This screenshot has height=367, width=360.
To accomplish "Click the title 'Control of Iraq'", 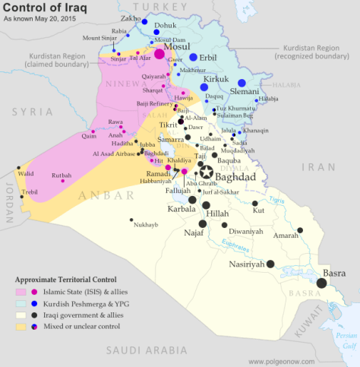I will pos(48,10).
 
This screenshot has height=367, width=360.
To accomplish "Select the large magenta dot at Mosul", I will pos(159,54).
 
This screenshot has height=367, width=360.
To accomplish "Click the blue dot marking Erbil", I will pos(193,58).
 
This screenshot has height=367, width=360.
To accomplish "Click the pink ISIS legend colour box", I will pos(21,290).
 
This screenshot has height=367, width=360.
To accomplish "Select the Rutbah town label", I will pos(61,175).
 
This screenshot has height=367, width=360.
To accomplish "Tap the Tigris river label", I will pos(277,200).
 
